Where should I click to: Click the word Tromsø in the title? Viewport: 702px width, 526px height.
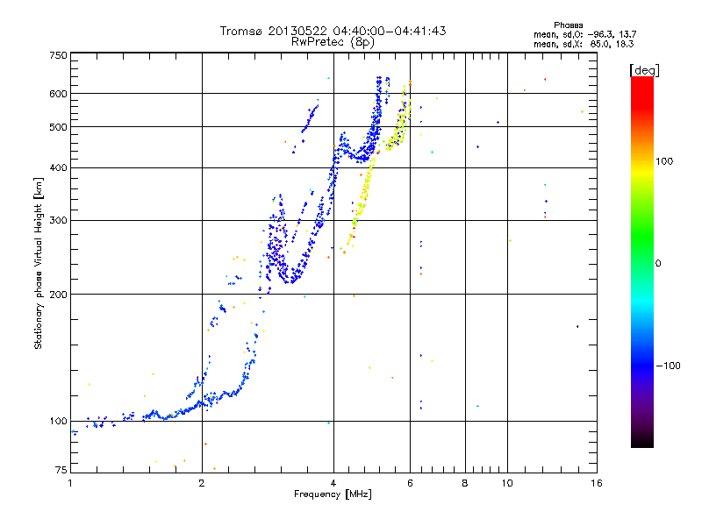(x=242, y=32)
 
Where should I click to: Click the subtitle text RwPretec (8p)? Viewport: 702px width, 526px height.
(x=333, y=42)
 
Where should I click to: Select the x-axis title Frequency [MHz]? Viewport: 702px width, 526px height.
(x=333, y=494)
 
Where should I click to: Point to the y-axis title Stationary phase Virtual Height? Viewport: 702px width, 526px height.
(x=39, y=264)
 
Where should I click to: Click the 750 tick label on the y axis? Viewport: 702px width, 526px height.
(x=58, y=55)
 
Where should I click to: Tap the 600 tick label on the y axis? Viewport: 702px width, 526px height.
(x=58, y=94)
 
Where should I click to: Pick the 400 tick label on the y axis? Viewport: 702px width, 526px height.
(x=58, y=167)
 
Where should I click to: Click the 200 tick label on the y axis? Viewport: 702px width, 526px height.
(x=58, y=295)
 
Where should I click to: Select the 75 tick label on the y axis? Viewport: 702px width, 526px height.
(x=61, y=470)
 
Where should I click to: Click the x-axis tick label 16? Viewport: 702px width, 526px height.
(x=597, y=483)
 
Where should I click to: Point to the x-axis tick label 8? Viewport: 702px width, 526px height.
(x=465, y=483)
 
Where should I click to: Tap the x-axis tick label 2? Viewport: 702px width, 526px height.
(x=202, y=483)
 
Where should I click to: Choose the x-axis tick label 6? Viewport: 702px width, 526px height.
(x=410, y=483)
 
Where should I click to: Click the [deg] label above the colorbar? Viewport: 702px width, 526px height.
(x=644, y=70)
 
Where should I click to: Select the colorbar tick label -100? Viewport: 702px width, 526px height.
(x=669, y=366)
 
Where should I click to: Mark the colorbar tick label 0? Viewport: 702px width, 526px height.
(x=658, y=263)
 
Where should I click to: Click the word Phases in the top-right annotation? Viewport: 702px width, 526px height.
(x=568, y=25)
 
